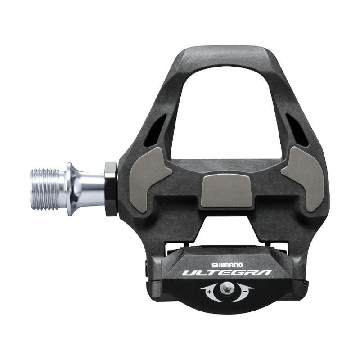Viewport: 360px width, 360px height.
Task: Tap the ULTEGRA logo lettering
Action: (227, 273)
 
